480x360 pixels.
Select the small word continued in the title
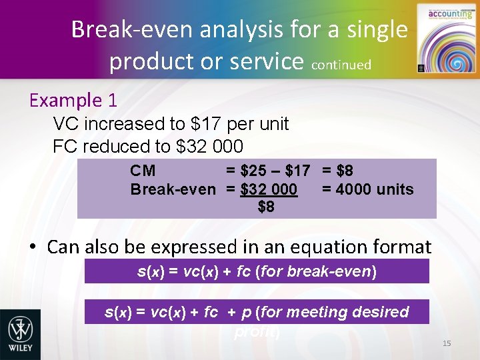(341, 65)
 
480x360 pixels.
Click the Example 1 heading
(73, 101)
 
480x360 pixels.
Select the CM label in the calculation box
(143, 171)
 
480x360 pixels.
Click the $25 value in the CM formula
(255, 171)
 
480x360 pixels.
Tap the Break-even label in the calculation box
(173, 189)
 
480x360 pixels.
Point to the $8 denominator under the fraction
(266, 207)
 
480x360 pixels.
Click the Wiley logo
(20, 334)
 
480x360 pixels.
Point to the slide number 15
(447, 343)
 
